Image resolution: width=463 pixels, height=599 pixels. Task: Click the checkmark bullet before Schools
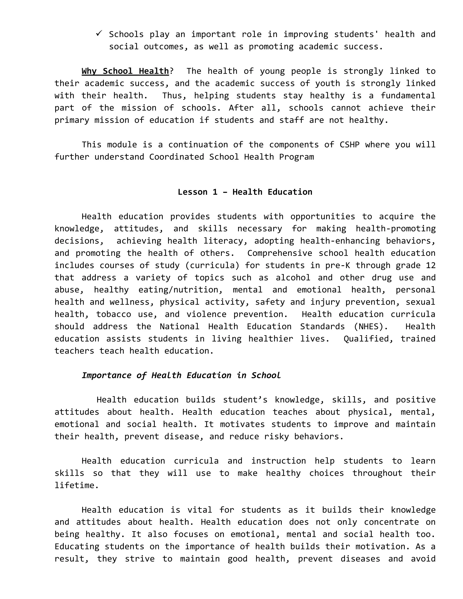coord(99,33)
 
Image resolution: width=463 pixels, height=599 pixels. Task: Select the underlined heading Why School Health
coord(125,71)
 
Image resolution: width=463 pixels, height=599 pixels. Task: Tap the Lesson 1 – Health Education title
coord(245,192)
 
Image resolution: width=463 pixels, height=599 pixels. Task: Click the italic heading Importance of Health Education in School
coord(181,375)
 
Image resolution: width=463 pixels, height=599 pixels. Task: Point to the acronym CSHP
coord(350,144)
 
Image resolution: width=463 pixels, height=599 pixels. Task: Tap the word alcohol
coord(293,278)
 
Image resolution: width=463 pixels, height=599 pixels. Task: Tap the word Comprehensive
coord(279,253)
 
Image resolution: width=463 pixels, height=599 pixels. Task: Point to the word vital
coord(200,510)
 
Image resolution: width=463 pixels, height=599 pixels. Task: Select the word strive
coord(140,559)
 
